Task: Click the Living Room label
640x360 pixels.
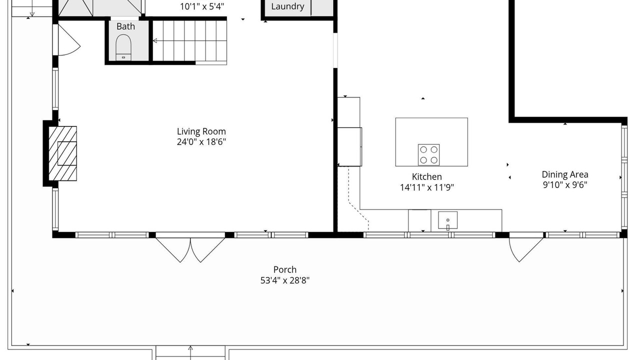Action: point(201,131)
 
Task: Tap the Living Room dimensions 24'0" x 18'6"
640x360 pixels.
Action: point(201,142)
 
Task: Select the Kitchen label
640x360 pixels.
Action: point(427,176)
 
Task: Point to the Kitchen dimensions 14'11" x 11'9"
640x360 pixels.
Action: point(427,187)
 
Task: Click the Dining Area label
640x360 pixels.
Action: point(565,174)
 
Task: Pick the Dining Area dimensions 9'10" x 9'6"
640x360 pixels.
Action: point(565,185)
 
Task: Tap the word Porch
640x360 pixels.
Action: point(285,269)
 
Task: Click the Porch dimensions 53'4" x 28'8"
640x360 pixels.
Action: point(285,280)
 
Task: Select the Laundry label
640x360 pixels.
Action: point(287,6)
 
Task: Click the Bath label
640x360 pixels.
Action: point(125,26)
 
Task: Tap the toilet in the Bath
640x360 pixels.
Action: point(123,47)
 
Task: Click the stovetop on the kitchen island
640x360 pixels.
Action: point(428,154)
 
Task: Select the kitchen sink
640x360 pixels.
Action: point(447,220)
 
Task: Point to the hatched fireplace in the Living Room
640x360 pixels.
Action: point(62,153)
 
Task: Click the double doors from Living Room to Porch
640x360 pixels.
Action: point(190,247)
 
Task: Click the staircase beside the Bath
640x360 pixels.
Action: point(189,41)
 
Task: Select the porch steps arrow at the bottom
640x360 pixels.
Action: point(190,352)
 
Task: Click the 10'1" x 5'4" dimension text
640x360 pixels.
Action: point(202,6)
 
